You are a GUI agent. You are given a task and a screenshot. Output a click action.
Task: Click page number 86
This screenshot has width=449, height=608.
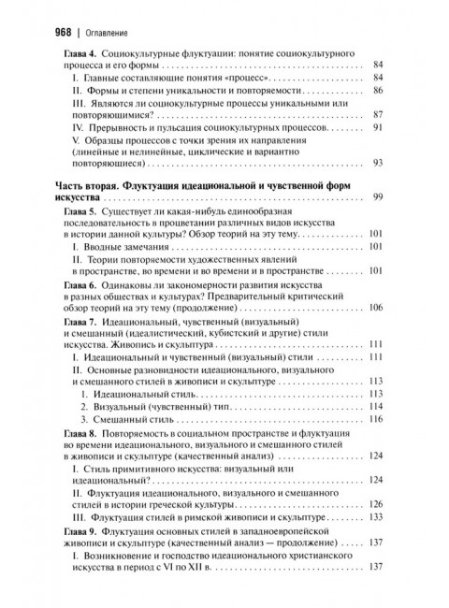point(378,91)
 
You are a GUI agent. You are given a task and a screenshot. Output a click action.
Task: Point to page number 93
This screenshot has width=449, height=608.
point(378,162)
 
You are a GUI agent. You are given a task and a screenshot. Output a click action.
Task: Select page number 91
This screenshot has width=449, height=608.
point(378,126)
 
